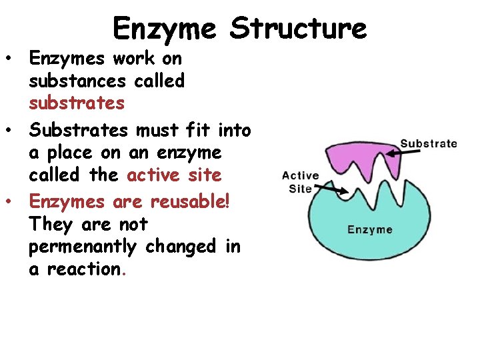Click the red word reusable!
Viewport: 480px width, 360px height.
pyautogui.click(x=190, y=201)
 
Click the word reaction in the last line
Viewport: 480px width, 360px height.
pyautogui.click(x=85, y=269)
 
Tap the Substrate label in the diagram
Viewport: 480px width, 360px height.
pyautogui.click(x=428, y=143)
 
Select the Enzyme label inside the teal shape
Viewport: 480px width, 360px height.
pyautogui.click(x=370, y=230)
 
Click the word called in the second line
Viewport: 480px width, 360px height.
pyautogui.click(x=159, y=81)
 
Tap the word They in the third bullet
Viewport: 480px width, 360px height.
pyautogui.click(x=51, y=224)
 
